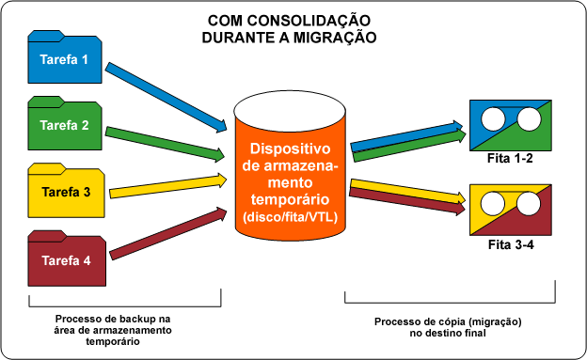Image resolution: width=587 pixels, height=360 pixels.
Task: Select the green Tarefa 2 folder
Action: [x=65, y=125]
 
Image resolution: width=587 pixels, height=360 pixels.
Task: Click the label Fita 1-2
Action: [x=510, y=159]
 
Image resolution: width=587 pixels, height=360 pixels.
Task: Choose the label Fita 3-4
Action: [x=510, y=246]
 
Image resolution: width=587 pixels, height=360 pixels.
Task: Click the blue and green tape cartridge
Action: [x=510, y=119]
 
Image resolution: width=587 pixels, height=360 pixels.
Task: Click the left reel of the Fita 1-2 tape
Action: [x=493, y=119]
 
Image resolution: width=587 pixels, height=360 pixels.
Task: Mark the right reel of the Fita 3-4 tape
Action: [x=526, y=203]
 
